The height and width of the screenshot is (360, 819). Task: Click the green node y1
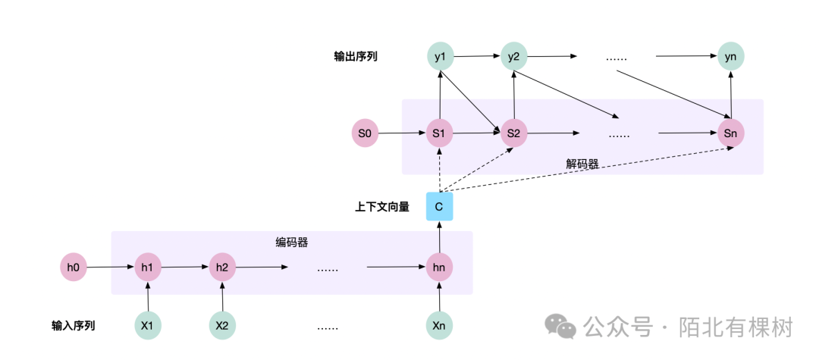pos(440,56)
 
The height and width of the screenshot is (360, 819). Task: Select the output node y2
pos(513,56)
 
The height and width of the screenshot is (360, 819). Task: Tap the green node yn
pos(731,56)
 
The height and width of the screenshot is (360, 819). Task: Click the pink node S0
pos(365,133)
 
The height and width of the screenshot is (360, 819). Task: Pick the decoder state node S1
pos(439,133)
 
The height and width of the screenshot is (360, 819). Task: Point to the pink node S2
pos(513,133)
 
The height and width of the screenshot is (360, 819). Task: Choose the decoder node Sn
pos(731,133)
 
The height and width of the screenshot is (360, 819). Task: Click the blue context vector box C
pos(439,205)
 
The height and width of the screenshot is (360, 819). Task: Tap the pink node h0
pos(74,267)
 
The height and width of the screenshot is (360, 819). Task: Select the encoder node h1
pos(148,267)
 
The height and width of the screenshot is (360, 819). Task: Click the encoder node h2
pos(222,267)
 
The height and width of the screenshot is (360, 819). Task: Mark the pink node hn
pos(439,267)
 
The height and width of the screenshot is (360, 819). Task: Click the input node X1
pos(148,326)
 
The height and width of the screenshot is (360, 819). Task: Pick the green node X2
pos(222,326)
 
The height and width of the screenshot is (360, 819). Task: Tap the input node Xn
pos(439,326)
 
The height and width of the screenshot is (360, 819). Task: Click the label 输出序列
pos(356,57)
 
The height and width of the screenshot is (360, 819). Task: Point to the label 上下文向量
pos(382,206)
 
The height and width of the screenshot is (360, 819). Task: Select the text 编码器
pos(291,243)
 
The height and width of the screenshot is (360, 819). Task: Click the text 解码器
pos(582,164)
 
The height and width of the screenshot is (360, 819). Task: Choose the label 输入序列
pos(74,327)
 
